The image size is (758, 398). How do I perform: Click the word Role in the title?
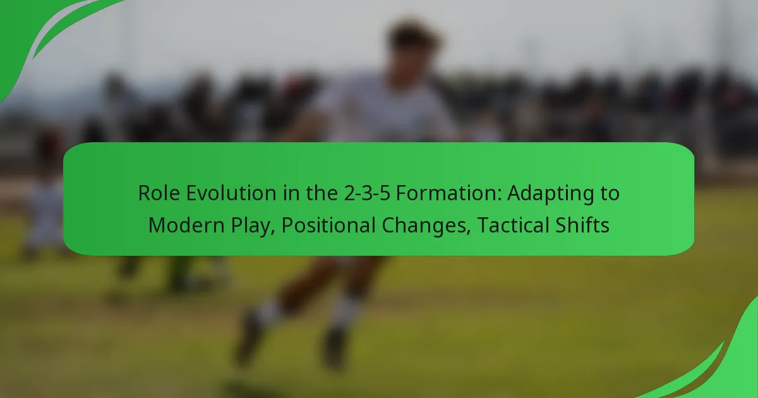click(x=159, y=193)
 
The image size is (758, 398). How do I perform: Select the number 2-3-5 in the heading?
click(x=367, y=193)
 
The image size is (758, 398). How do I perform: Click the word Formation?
click(x=448, y=193)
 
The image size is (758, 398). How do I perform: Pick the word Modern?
click(x=186, y=225)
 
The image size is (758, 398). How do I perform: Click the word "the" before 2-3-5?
click(x=322, y=193)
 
